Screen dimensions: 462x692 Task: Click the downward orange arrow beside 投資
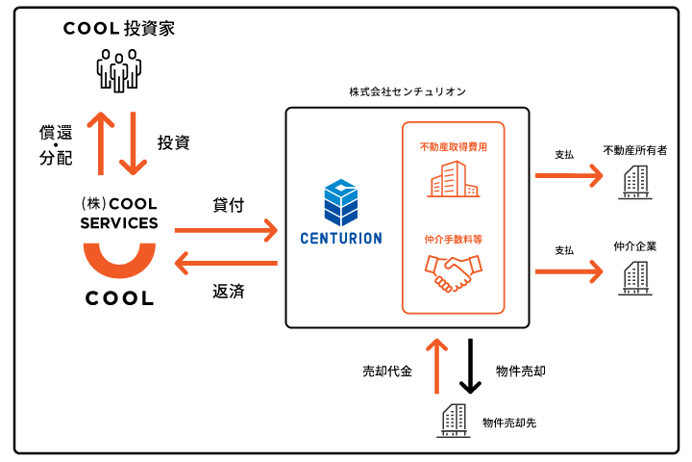coord(135,142)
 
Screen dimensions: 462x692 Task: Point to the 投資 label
coord(173,142)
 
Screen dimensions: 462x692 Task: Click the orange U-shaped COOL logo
coord(119,261)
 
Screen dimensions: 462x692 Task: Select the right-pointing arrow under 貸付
coord(226,231)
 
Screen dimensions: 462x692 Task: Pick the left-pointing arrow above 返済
coord(226,263)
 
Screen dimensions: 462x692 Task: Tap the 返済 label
coord(228,291)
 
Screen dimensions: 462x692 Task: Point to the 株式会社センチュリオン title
coord(408,92)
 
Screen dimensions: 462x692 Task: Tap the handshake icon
coord(452,273)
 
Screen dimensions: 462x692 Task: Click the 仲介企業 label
coord(634,246)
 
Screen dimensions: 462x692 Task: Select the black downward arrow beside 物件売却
coord(470,365)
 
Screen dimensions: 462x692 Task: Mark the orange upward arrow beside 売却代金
coord(437,365)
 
